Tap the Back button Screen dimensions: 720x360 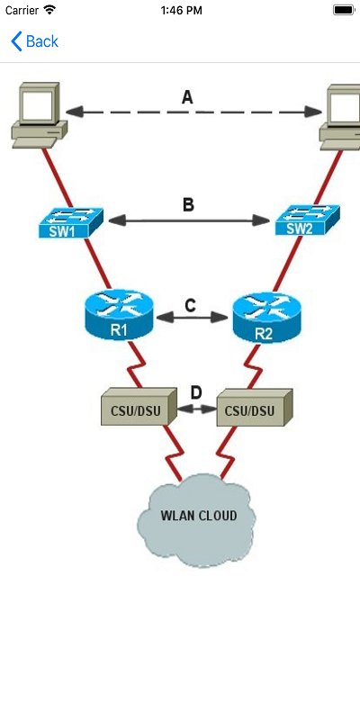(34, 41)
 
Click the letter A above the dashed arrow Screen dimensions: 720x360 (187, 97)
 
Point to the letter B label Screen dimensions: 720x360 (188, 205)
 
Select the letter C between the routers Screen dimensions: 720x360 (190, 305)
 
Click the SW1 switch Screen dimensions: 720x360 (70, 222)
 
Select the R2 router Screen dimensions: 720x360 (263, 319)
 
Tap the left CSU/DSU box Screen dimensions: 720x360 (136, 409)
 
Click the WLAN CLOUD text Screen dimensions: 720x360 (198, 516)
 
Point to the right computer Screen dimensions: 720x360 (342, 114)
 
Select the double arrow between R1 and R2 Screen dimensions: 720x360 (190, 319)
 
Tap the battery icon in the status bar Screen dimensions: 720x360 (343, 9)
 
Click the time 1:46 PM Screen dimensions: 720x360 (180, 9)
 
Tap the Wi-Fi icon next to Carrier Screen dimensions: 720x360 (49, 9)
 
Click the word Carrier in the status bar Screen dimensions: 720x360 (21, 9)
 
